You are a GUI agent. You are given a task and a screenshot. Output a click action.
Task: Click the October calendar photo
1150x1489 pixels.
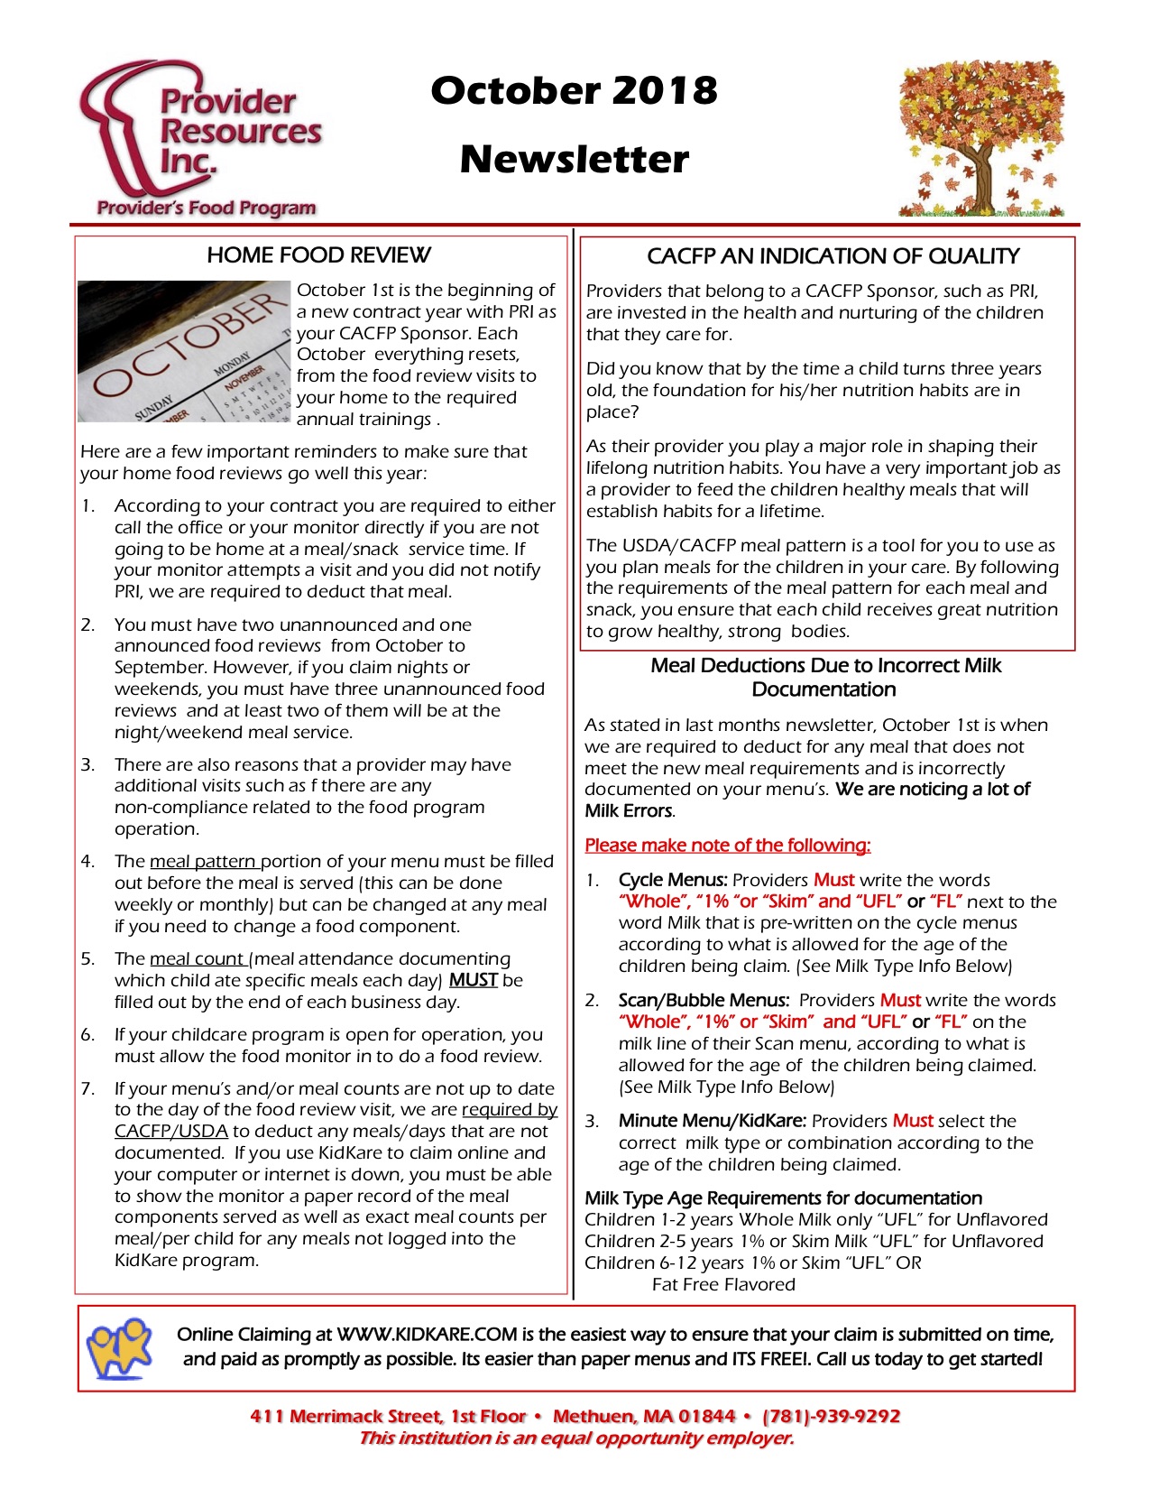tap(185, 352)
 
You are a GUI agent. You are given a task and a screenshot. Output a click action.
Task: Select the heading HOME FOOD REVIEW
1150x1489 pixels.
tap(318, 255)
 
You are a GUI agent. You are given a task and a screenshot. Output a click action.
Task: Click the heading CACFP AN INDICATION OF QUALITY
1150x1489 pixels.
tap(833, 256)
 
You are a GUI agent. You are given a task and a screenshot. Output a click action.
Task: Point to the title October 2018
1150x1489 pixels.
tap(574, 90)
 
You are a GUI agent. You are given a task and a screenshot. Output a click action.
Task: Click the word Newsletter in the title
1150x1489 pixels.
tap(574, 160)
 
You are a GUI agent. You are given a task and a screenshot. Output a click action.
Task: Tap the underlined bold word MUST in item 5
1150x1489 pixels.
tap(474, 980)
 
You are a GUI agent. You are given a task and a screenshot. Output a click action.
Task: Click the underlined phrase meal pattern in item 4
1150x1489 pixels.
tap(204, 861)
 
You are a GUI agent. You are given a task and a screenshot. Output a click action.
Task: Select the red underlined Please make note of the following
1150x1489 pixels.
tap(727, 846)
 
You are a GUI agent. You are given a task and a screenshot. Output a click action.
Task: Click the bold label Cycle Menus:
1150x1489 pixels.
tap(673, 880)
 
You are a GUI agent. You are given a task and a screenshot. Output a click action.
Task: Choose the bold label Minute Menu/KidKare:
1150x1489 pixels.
tap(712, 1121)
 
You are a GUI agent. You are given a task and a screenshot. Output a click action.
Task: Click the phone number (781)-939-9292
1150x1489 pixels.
tap(832, 1416)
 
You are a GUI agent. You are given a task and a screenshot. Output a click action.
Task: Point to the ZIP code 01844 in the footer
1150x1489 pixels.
tap(707, 1416)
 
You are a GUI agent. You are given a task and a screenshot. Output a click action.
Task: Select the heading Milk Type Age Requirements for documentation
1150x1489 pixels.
tap(783, 1198)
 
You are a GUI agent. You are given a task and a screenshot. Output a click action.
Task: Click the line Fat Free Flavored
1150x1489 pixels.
tap(723, 1284)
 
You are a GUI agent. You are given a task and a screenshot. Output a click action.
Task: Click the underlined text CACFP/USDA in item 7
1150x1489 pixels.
tap(171, 1131)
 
